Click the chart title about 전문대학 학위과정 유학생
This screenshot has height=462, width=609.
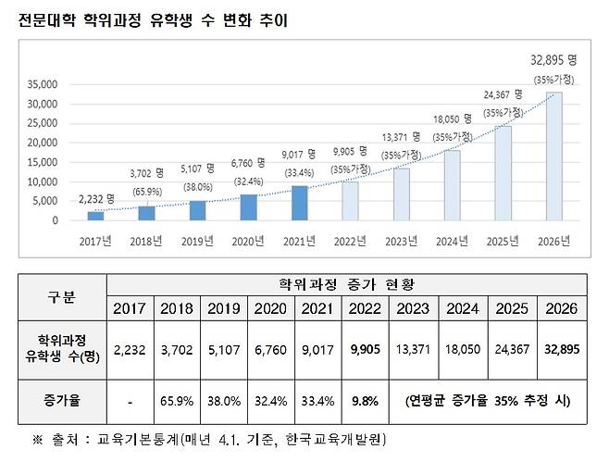click(x=153, y=20)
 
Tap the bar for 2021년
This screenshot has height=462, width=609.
click(x=298, y=203)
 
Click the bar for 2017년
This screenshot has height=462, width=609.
click(x=95, y=216)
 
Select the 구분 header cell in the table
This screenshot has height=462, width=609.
click(x=61, y=297)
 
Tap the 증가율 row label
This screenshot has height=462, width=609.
click(x=61, y=401)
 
